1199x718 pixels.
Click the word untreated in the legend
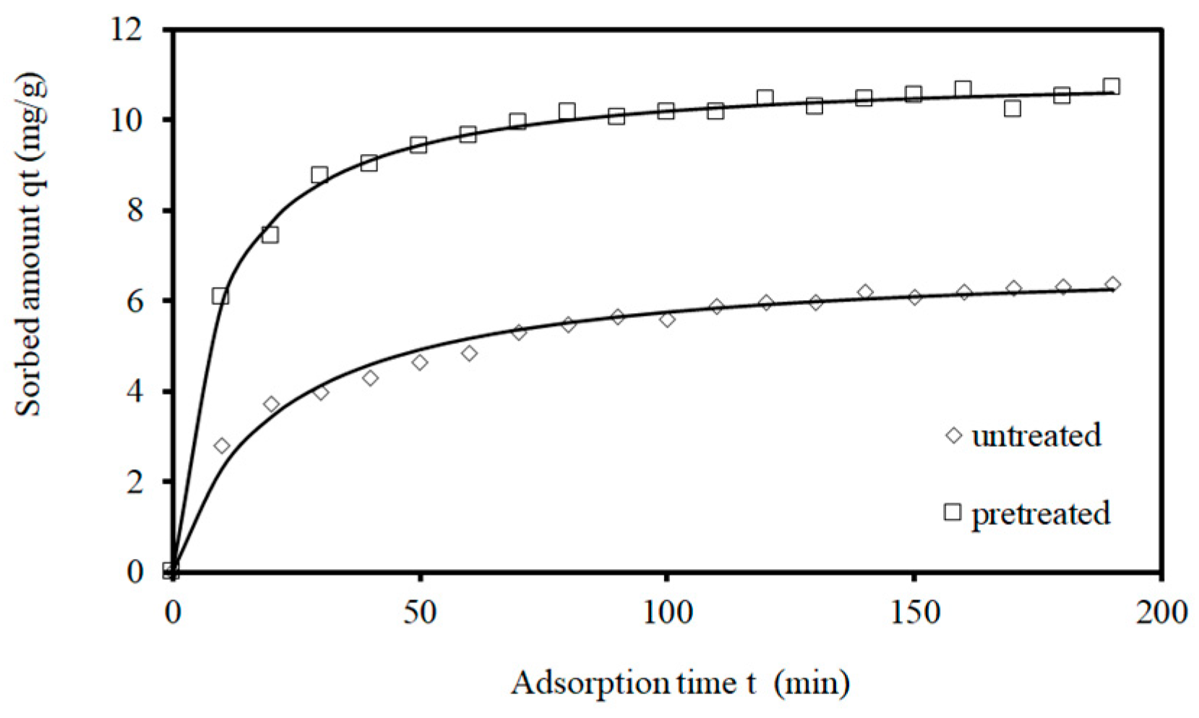(1036, 435)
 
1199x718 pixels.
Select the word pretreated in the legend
(1041, 513)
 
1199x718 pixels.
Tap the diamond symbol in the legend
(954, 435)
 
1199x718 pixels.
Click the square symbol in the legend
(953, 512)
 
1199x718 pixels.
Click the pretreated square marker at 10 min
(220, 296)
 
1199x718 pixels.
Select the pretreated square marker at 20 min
(270, 234)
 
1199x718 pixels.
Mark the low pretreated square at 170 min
(1013, 108)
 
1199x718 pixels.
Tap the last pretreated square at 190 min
(1112, 86)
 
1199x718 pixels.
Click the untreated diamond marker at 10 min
(222, 445)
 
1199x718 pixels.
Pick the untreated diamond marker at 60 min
(470, 354)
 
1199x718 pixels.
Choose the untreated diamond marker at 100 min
(667, 319)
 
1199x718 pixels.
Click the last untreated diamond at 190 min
(1113, 284)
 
